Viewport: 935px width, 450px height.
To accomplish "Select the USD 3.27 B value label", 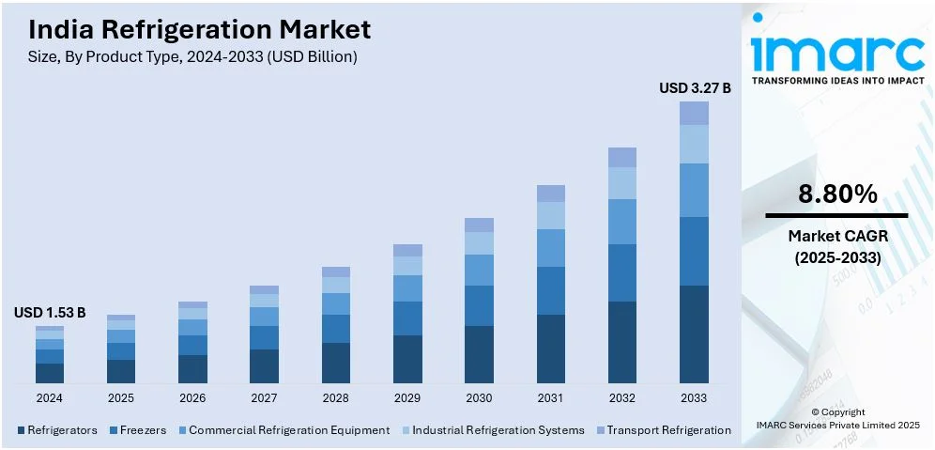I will [x=695, y=87].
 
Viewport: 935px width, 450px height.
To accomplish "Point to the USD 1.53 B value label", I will [x=50, y=312].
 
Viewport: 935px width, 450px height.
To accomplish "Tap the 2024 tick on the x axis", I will [x=50, y=397].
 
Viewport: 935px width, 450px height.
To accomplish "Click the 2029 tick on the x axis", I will [x=407, y=397].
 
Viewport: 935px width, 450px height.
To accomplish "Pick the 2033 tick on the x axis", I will [x=694, y=397].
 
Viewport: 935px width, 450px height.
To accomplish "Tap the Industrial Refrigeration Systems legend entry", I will [x=497, y=430].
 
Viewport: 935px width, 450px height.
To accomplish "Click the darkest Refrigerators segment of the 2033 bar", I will [x=694, y=334].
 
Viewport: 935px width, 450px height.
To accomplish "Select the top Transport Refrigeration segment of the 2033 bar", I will [x=694, y=113].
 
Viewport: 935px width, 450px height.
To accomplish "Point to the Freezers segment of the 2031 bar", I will [x=551, y=290].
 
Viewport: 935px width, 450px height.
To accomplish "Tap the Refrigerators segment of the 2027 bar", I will [x=264, y=365].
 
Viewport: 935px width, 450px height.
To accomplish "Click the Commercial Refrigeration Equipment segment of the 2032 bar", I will [x=622, y=222].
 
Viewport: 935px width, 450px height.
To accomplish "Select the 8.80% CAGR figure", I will [x=837, y=194].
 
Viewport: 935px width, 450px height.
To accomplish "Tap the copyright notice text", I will [x=838, y=418].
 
